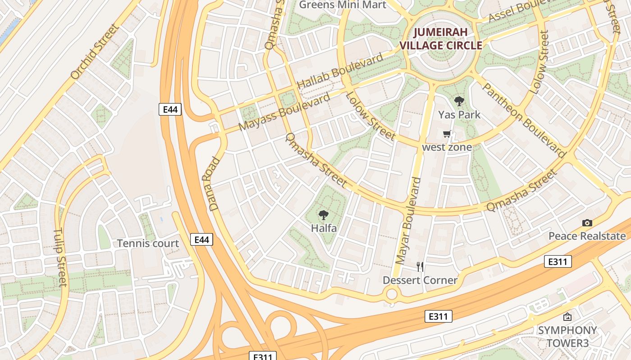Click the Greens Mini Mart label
coord(343,5)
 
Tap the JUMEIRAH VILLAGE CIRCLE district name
coord(441,39)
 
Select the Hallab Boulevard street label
coord(340,71)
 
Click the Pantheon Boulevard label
coord(524,120)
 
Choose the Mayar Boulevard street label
coord(407,220)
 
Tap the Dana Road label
coord(214,184)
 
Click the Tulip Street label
coord(59,257)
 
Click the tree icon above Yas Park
coord(459,101)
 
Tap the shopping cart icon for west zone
coord(447,134)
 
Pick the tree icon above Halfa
coord(323,215)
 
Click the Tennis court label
coord(148,243)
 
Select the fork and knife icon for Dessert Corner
coord(420,267)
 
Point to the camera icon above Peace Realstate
coord(587,223)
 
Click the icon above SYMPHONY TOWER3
coord(567,317)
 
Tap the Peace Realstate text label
coord(587,236)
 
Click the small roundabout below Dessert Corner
coord(392,295)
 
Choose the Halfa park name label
coord(324,228)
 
